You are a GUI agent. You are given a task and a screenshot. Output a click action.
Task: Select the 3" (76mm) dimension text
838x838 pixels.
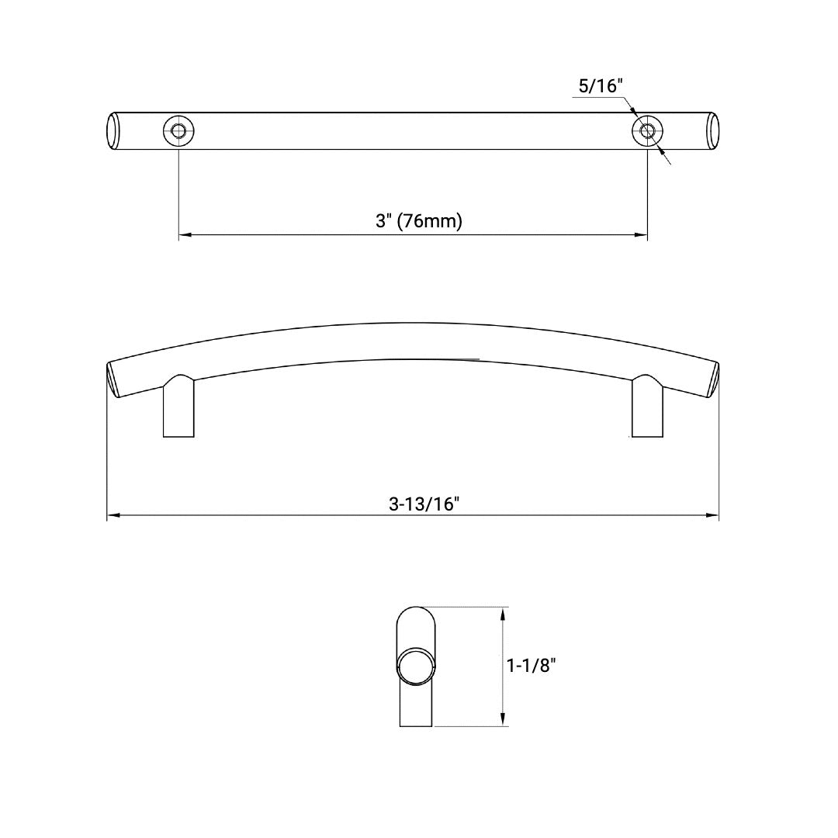coord(419,221)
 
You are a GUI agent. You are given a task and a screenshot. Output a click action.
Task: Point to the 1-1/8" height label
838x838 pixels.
coord(532,665)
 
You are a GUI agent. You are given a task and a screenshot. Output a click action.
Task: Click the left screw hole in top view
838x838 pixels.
coord(179,131)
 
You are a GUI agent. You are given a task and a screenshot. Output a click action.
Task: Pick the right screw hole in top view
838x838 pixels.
coord(647,131)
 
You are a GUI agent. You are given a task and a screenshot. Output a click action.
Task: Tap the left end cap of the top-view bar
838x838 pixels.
coord(113,131)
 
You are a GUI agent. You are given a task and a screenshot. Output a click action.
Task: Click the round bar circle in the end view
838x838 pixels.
coord(416,664)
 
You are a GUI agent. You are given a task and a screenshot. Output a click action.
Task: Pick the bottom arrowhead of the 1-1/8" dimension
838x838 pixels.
coord(504,720)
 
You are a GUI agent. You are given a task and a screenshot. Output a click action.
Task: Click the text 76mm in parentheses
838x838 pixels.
coord(432,221)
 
